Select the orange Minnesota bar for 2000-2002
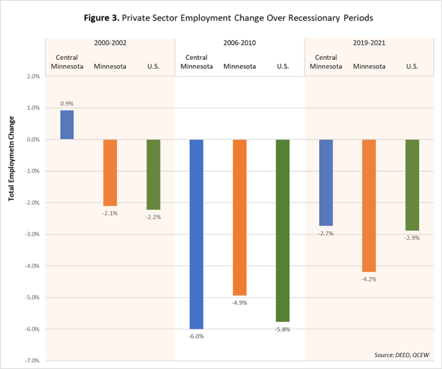110,172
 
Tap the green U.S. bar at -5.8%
283,231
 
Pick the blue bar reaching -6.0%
196,234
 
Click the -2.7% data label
326,233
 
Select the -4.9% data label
240,303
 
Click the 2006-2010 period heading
239,43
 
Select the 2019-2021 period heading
369,43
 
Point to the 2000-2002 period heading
110,43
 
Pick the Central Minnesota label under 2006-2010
196,62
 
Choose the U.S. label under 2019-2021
412,66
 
